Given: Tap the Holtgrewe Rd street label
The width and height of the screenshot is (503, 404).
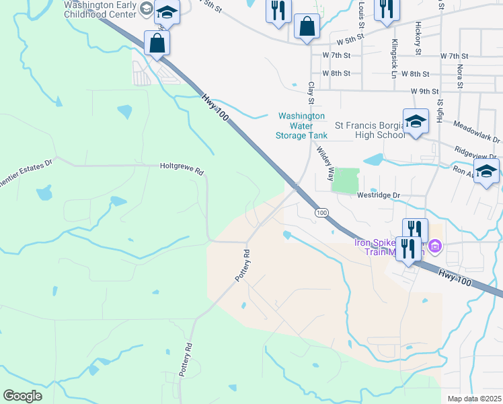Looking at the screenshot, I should pyautogui.click(x=182, y=166).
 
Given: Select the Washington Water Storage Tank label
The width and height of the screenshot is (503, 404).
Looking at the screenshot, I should pyautogui.click(x=301, y=126).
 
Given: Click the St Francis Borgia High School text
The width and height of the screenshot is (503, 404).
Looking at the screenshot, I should pyautogui.click(x=371, y=130).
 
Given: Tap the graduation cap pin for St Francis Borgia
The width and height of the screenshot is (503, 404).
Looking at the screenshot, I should pyautogui.click(x=416, y=122).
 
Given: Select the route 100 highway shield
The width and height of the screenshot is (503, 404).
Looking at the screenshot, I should pyautogui.click(x=322, y=212).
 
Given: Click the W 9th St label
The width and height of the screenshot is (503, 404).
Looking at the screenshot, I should pyautogui.click(x=424, y=91).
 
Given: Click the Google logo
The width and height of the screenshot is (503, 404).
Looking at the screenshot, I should pyautogui.click(x=22, y=395).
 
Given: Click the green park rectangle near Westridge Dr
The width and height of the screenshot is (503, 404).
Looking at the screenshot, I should pyautogui.click(x=346, y=180).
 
